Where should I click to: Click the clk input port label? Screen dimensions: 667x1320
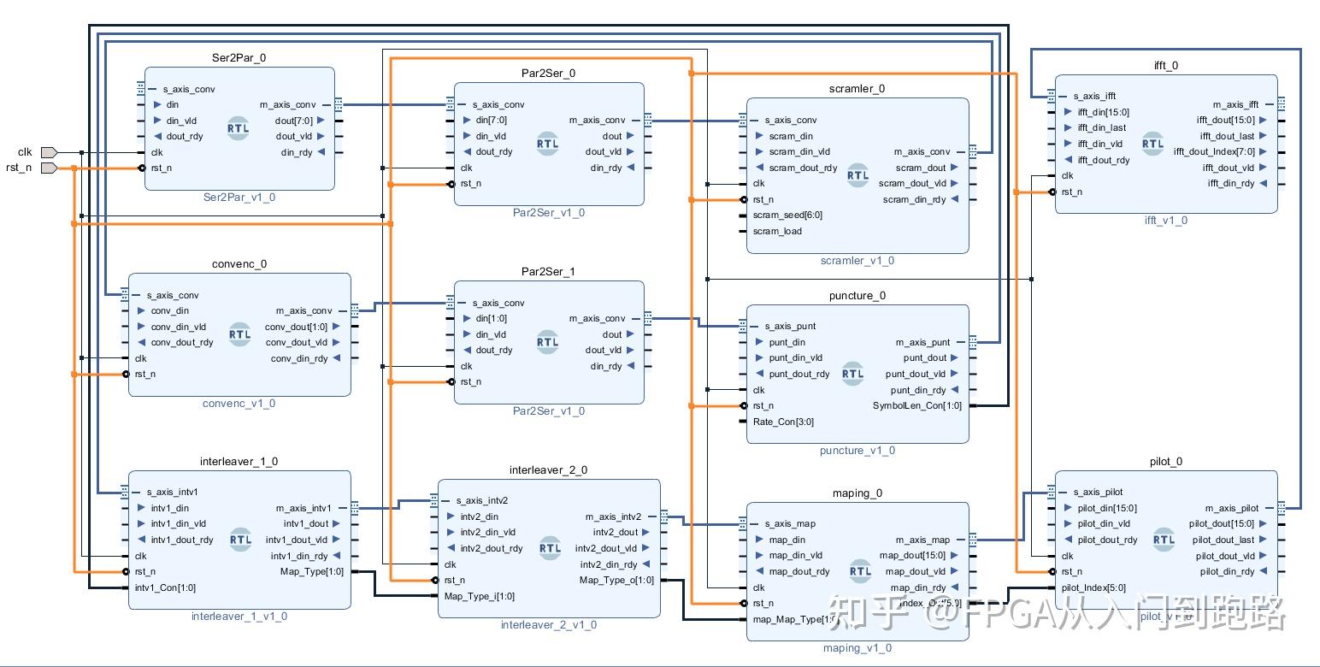click(24, 152)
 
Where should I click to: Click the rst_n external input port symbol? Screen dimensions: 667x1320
click(49, 168)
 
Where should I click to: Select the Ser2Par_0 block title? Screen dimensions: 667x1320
click(239, 57)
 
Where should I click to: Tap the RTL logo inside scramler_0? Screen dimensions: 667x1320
click(857, 175)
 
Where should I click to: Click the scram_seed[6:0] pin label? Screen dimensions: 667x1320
click(787, 215)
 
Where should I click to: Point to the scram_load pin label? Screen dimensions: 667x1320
click(777, 231)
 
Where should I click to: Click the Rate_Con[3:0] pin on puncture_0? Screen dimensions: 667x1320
click(783, 422)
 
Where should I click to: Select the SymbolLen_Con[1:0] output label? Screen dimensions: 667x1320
click(916, 405)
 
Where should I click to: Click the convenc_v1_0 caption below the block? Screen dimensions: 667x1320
click(239, 404)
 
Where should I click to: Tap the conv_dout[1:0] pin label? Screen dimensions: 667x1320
click(302, 327)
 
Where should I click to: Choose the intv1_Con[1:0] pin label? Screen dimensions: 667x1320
click(165, 587)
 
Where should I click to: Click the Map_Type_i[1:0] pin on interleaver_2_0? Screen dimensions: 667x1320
click(479, 596)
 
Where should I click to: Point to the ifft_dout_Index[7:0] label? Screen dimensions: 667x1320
click(1214, 152)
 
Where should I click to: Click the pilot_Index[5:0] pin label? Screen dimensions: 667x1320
click(1093, 587)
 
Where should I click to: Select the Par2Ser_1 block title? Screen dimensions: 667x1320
click(549, 271)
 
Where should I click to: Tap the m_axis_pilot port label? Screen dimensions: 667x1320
click(1232, 508)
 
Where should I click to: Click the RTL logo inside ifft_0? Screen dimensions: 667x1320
click(1152, 144)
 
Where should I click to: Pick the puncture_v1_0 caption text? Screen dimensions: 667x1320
click(857, 451)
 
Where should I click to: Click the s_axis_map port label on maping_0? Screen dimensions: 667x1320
click(790, 523)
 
